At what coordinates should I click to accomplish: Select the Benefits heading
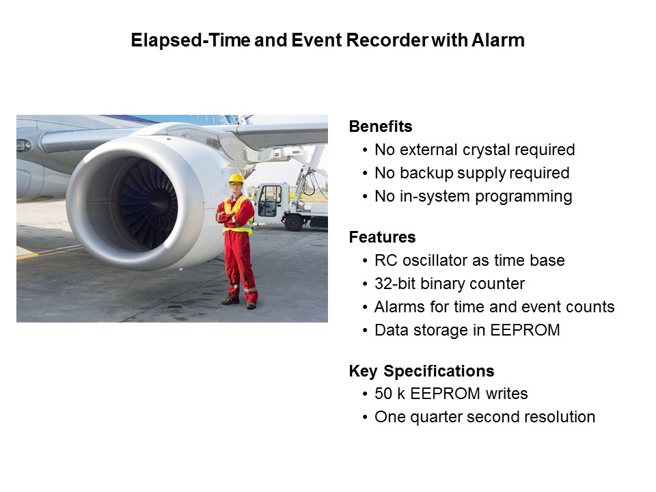click(x=381, y=126)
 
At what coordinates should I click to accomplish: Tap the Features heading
click(x=382, y=237)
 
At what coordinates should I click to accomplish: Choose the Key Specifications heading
click(x=422, y=371)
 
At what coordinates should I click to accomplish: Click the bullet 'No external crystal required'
click(x=474, y=150)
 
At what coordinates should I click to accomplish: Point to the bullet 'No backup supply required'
click(x=471, y=174)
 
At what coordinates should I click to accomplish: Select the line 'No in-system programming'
click(x=473, y=197)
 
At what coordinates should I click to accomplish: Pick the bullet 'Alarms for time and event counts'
click(x=494, y=307)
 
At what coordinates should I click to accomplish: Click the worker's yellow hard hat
click(x=236, y=178)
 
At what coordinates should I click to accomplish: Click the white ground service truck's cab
click(x=270, y=202)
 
